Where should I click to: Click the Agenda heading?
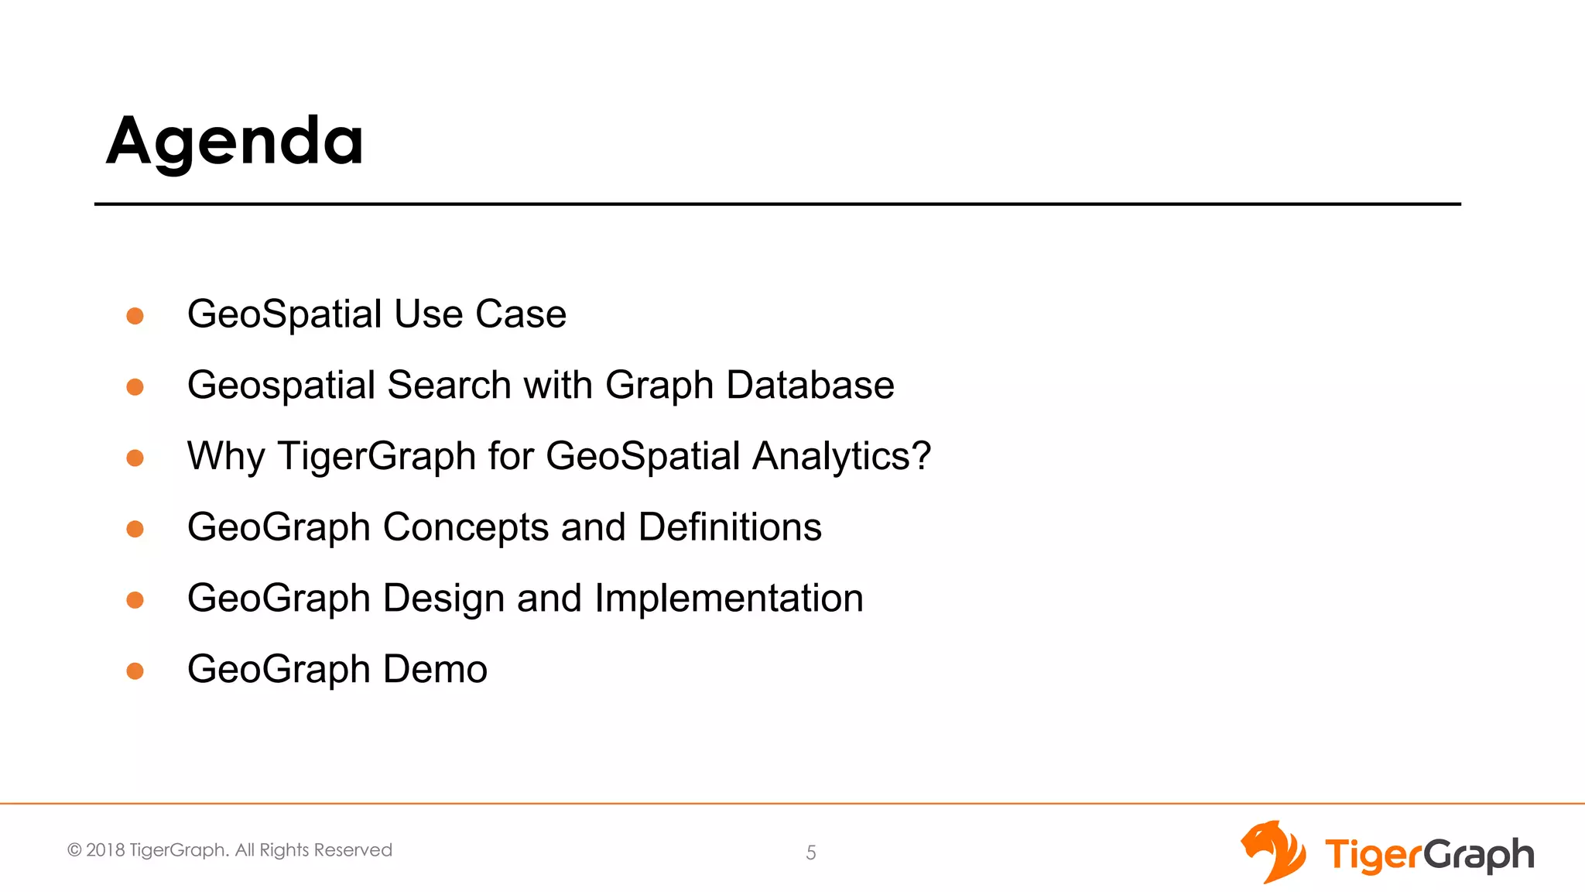pos(234,141)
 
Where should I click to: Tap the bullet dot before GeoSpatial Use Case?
pos(135,315)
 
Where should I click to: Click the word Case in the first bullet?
pos(520,314)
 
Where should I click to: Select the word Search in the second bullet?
pos(449,386)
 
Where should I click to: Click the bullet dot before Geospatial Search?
pos(135,386)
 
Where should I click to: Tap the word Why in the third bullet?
pos(226,456)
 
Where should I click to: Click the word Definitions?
pos(730,527)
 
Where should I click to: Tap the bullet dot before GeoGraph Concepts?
pos(135,529)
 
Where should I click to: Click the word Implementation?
pos(728,599)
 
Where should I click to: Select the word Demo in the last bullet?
pos(435,670)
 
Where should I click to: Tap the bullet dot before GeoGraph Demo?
pos(135,671)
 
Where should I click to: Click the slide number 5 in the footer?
pos(811,853)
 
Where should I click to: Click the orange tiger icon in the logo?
pos(1273,852)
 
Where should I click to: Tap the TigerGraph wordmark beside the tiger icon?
pos(1429,855)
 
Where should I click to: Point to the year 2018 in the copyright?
pos(105,850)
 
